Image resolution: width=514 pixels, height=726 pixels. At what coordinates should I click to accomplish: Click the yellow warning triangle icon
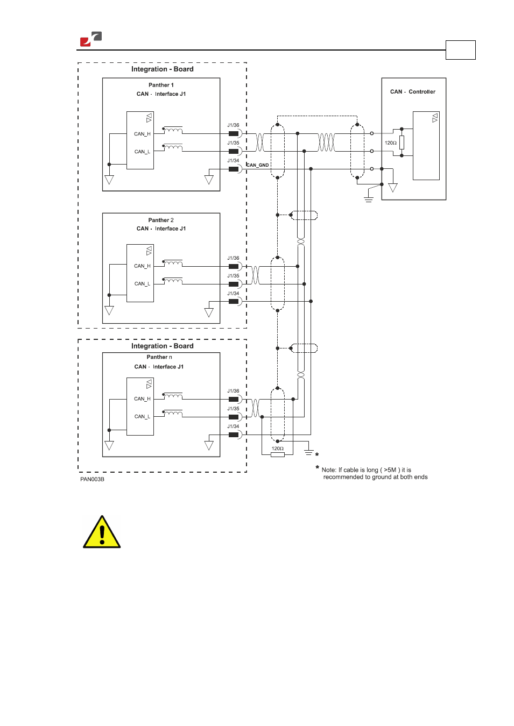click(102, 532)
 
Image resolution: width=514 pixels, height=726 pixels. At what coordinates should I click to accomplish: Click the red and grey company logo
click(91, 39)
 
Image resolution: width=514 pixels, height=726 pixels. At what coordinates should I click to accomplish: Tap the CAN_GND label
click(258, 165)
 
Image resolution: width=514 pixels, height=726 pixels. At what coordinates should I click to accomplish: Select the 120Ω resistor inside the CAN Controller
click(402, 143)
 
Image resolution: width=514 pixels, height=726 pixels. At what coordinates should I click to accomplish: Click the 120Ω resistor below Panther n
click(278, 455)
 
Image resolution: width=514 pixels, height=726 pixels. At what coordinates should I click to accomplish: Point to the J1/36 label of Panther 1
click(233, 125)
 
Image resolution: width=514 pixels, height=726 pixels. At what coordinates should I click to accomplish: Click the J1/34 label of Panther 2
click(233, 293)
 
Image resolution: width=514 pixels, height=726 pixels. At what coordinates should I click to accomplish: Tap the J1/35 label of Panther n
click(233, 409)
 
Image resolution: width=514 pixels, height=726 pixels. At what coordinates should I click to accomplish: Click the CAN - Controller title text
click(412, 92)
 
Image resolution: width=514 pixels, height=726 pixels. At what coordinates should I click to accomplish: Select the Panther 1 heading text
click(161, 85)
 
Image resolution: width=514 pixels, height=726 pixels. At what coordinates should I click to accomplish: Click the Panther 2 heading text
click(161, 220)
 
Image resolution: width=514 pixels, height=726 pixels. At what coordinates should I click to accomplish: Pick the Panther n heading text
click(159, 357)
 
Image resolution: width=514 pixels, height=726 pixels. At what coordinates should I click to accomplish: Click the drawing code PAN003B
click(92, 479)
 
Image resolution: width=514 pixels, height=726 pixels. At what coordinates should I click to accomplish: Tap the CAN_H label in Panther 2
click(143, 266)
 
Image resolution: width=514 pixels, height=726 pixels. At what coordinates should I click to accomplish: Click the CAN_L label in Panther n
click(143, 416)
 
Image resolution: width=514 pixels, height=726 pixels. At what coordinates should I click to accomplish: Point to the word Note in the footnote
click(329, 470)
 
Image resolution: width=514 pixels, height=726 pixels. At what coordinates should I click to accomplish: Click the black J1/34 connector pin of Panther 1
click(234, 169)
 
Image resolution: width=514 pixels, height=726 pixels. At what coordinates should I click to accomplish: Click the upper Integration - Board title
click(162, 69)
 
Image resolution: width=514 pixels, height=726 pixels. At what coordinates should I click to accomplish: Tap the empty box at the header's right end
click(461, 50)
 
